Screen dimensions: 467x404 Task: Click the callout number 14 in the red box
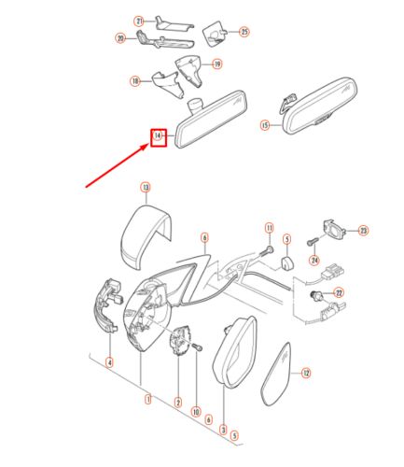click(158, 137)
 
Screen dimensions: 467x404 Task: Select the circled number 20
click(120, 38)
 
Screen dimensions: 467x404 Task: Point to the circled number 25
click(245, 31)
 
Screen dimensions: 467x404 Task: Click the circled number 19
click(217, 64)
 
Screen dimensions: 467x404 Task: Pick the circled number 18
click(134, 81)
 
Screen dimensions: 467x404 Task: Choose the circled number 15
click(264, 124)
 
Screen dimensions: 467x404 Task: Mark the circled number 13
click(146, 187)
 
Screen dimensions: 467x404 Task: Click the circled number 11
click(269, 228)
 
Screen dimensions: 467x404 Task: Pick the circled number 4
click(109, 362)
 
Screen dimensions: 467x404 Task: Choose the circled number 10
click(197, 411)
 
